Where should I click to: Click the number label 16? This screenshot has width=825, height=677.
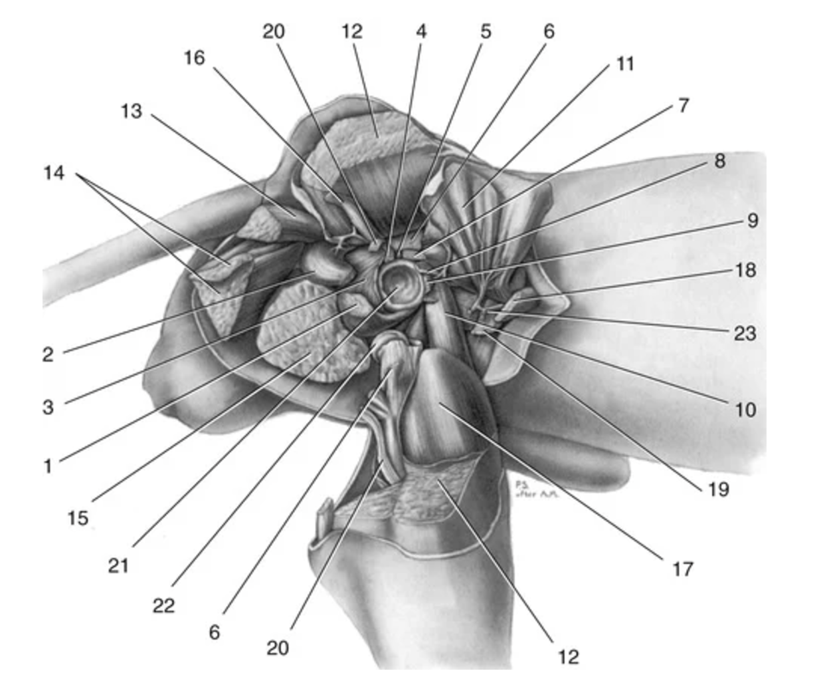click(194, 59)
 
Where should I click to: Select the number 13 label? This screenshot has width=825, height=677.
click(131, 110)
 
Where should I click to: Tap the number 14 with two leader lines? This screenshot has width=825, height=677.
click(54, 174)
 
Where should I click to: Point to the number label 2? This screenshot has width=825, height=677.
click(48, 354)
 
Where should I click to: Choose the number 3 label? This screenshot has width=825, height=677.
click(48, 406)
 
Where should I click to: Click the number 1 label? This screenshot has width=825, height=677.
click(48, 466)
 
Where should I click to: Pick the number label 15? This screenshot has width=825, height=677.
click(78, 517)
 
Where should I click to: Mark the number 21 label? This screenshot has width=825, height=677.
click(118, 566)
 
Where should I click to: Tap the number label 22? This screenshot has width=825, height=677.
click(163, 606)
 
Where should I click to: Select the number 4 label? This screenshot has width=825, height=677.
click(421, 31)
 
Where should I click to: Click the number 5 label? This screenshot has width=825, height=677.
click(486, 31)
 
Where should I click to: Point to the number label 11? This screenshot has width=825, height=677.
click(625, 64)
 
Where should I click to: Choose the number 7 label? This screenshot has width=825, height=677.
click(684, 105)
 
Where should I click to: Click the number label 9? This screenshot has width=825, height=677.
click(753, 220)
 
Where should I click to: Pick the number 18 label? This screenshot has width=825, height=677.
click(745, 270)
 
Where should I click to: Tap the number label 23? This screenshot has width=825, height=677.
click(745, 333)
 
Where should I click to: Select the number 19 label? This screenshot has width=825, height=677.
click(718, 489)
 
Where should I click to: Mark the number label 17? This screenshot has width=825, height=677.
click(683, 569)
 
